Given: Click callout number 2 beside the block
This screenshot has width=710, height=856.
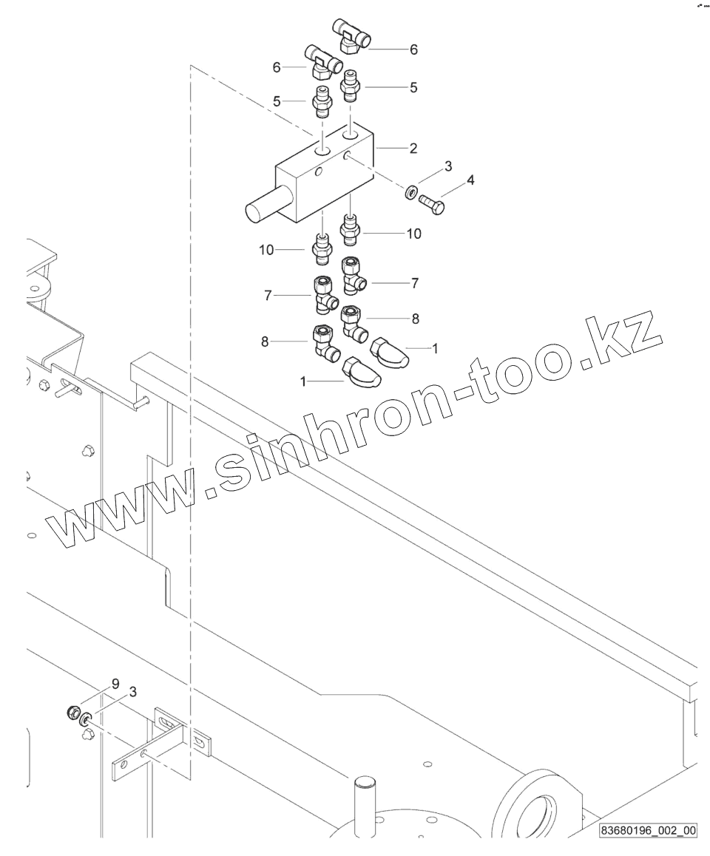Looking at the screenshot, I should click(413, 148).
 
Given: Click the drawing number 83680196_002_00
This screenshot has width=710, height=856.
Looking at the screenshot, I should click(648, 830).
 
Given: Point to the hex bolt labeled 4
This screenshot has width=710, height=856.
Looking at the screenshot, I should click(431, 203).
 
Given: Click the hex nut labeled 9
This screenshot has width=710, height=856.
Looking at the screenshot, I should click(72, 712).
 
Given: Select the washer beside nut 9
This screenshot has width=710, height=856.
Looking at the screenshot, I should click(86, 718).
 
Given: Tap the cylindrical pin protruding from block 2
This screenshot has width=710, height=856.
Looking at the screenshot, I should click(260, 208).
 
